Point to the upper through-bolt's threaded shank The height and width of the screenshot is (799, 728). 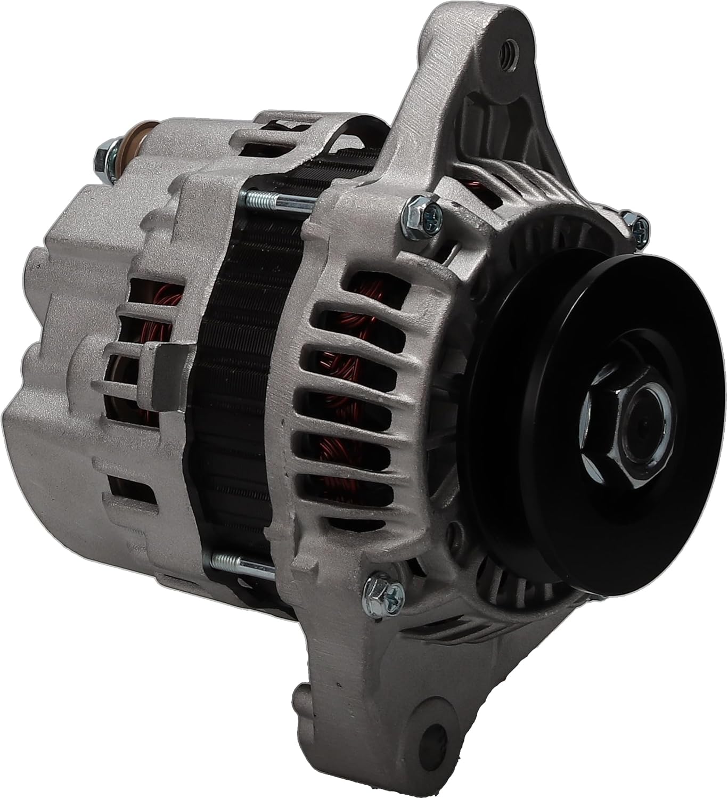click(x=277, y=202)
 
